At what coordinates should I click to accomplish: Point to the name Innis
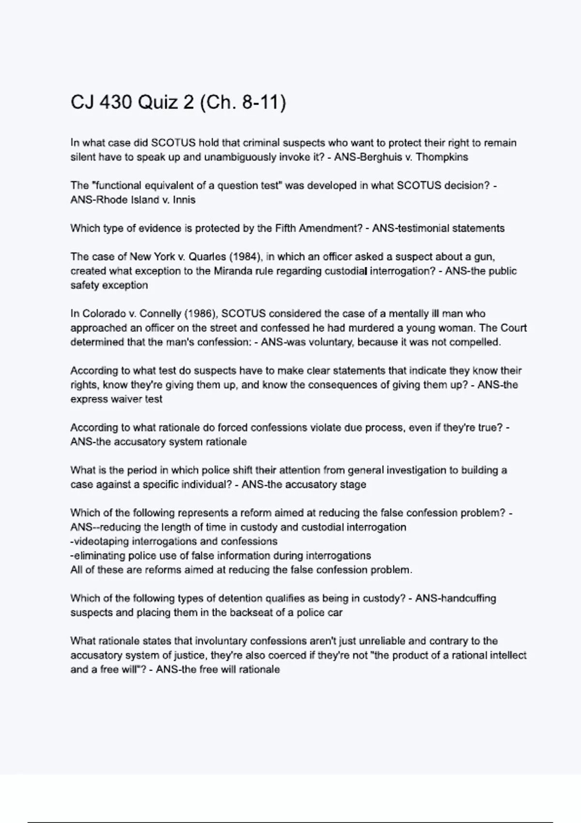coord(184,199)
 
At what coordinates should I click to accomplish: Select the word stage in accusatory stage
coord(352,484)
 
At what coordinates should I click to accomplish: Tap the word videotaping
coord(102,541)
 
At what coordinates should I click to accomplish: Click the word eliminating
coord(99,555)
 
